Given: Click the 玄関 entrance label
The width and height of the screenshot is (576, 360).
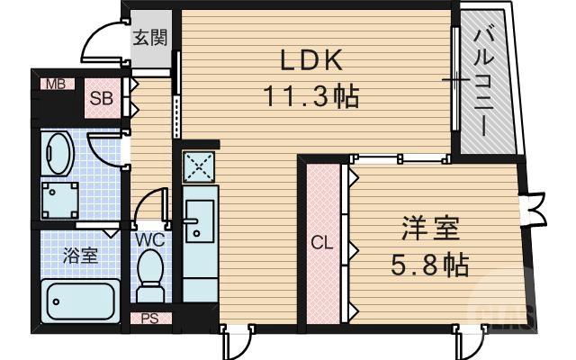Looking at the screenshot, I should point(149,38).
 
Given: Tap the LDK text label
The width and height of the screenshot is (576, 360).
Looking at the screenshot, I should point(310,61).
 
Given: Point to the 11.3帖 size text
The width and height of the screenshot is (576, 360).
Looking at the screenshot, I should point(310,94).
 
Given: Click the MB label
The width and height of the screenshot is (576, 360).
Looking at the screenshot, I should point(55,85).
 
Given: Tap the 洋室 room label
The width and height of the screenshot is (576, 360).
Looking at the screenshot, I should point(430,229).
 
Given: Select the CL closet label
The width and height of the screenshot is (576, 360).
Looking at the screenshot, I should point(321,243).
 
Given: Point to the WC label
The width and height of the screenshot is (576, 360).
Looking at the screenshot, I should point(149,240).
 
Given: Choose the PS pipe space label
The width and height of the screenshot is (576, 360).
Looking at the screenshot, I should point(150,318).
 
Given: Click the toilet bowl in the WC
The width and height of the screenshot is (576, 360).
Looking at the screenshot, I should point(151,271).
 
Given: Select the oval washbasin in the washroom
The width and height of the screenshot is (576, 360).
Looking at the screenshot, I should point(58,154).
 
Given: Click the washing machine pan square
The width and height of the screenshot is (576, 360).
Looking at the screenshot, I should point(60,200).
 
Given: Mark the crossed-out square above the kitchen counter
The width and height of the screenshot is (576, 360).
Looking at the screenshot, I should point(198,166).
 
